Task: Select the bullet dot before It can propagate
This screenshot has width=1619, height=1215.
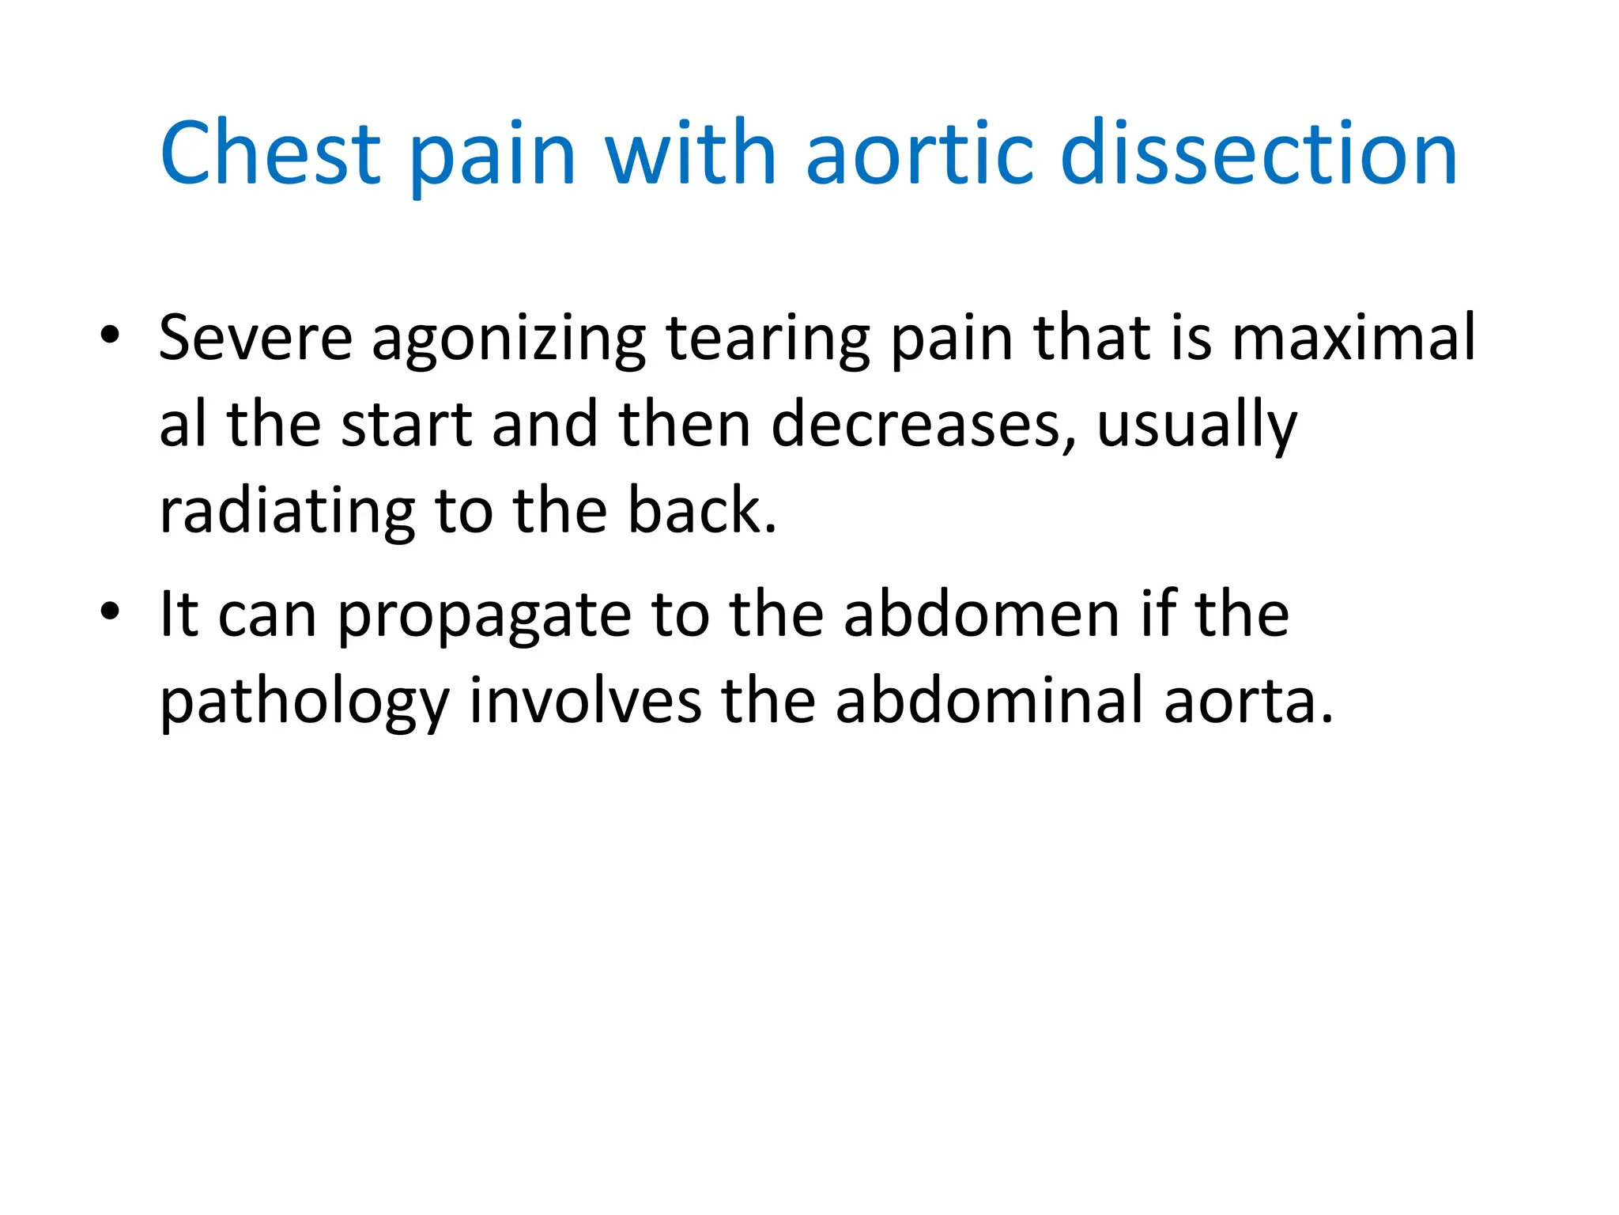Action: pos(110,611)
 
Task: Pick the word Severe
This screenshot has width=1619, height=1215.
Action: pos(255,338)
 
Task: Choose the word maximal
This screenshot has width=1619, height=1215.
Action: pos(1353,338)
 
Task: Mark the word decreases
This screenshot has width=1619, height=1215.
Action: pos(923,425)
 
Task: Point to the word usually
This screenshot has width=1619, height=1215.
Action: pos(1197,428)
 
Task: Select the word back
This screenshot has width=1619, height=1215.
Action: pos(702,511)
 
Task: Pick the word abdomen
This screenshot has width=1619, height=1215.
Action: pos(981,615)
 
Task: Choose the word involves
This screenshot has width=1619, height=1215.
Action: pos(585,701)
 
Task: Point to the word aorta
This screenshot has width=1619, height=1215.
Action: pos(1248,702)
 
